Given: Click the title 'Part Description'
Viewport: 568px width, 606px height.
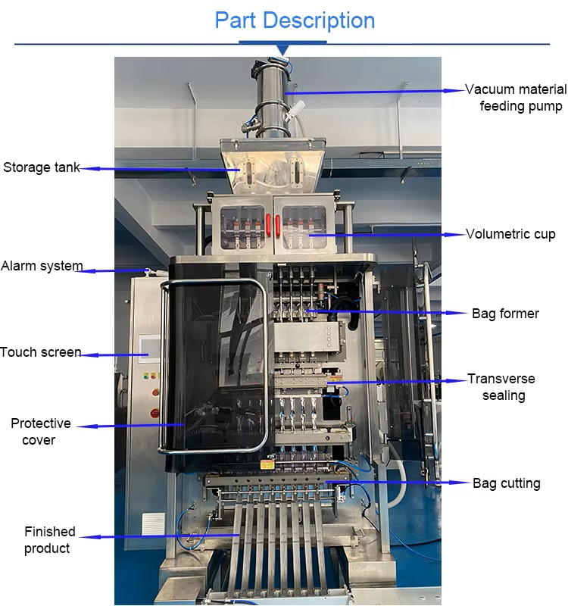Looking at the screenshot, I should point(295,20).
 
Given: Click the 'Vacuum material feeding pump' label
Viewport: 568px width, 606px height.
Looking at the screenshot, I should point(516,98).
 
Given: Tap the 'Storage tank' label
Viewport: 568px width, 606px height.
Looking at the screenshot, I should point(41,167).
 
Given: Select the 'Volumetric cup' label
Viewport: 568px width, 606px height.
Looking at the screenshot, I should point(510,234).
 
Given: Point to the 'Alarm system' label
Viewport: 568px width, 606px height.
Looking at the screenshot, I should point(41,267).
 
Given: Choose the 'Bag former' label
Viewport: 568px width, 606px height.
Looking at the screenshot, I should point(505,313).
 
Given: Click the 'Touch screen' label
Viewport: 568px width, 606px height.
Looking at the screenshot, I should point(40,352).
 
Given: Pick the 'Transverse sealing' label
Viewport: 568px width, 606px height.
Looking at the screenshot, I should point(501,387).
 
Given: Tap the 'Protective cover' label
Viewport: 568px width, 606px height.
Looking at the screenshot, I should point(41,432).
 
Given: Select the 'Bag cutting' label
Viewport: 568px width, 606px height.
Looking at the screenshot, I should point(506,483).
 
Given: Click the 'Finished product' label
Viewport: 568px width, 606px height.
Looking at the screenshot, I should point(49,540).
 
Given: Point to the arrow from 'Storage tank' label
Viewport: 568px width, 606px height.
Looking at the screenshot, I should point(159,169).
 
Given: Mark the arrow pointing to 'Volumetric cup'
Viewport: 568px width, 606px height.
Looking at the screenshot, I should point(386,235).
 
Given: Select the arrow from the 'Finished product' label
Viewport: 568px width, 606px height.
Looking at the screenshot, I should point(159,536).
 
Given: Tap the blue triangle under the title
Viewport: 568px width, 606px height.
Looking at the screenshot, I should point(283,50).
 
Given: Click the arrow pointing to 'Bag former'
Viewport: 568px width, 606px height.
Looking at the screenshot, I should point(386,312).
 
